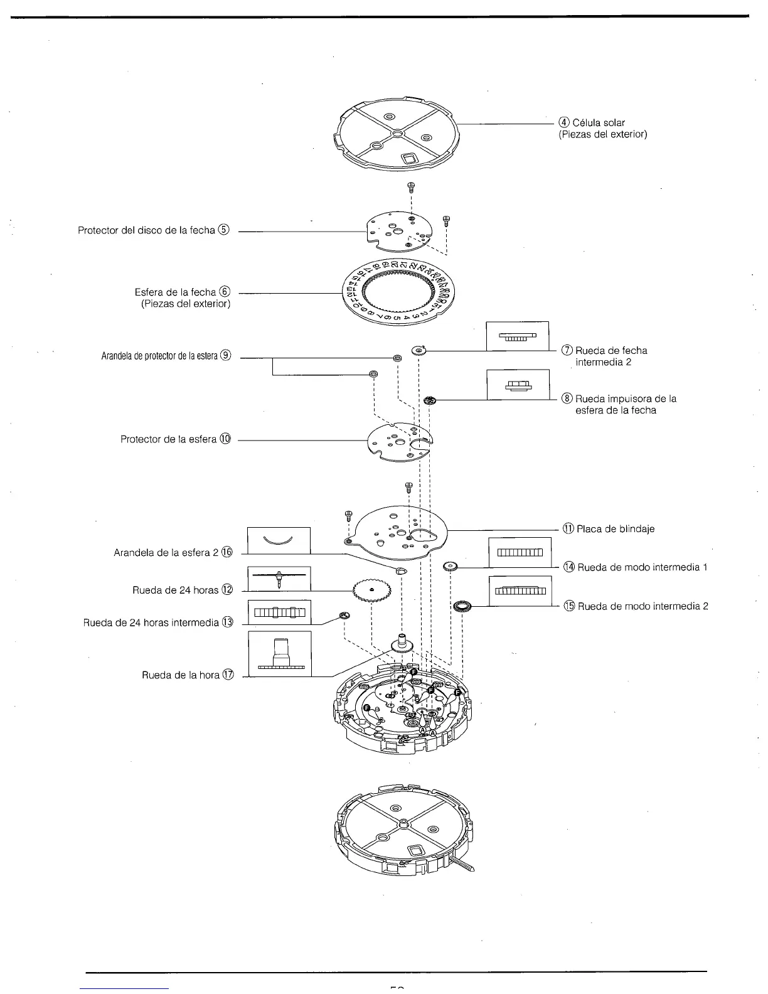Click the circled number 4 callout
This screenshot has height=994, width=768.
[564, 123]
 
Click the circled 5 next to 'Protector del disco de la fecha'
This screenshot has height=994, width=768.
[223, 230]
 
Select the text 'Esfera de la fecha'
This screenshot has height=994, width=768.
[175, 292]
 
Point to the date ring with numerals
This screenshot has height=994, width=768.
[397, 292]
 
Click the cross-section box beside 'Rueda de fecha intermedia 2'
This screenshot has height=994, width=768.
[518, 336]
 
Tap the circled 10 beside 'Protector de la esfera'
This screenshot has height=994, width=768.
[225, 439]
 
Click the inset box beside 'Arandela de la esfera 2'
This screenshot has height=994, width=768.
[279, 540]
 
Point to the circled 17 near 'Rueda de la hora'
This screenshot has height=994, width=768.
[228, 675]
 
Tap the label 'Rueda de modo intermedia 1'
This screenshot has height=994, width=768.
[643, 567]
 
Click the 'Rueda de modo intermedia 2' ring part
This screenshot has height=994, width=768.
[462, 606]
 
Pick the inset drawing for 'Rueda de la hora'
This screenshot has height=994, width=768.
[280, 654]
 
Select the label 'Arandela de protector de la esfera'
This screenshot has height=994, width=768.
[160, 356]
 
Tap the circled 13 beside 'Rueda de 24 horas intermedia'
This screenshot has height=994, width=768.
[227, 623]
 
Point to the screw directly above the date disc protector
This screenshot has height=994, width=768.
[411, 186]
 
